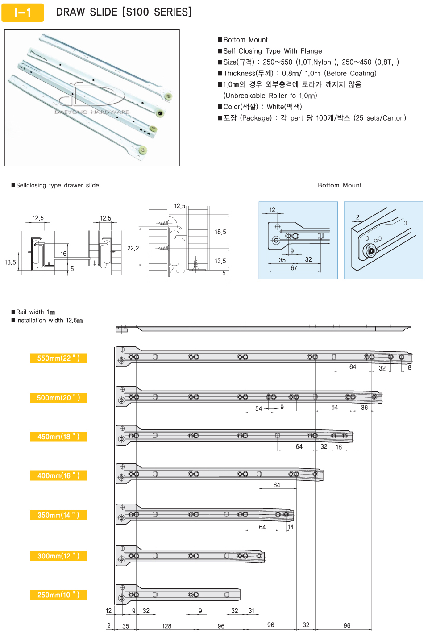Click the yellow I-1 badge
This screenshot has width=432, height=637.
click(22, 12)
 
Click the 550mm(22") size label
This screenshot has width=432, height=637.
click(58, 358)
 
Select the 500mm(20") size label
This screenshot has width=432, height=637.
click(58, 398)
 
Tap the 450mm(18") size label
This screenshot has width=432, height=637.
click(58, 437)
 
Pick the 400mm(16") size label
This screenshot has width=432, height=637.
click(58, 476)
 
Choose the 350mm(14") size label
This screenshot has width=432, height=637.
click(58, 515)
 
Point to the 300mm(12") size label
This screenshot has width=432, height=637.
click(58, 556)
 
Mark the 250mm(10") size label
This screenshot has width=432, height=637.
click(58, 595)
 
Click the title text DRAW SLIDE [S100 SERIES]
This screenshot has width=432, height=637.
click(124, 12)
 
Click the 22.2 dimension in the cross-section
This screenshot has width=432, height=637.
click(133, 248)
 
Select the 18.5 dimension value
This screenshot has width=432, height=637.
click(220, 232)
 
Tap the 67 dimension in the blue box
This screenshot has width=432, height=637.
click(294, 268)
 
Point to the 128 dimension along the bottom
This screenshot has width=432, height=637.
click(167, 626)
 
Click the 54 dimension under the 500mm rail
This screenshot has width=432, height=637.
click(258, 408)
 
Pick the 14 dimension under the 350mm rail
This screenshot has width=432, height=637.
click(291, 527)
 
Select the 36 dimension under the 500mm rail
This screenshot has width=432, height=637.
click(364, 408)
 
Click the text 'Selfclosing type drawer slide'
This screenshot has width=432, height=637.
click(57, 185)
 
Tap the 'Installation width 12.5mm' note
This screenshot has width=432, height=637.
click(49, 321)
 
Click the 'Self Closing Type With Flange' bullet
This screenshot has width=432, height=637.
click(272, 51)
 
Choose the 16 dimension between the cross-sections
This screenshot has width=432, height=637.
click(63, 254)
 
